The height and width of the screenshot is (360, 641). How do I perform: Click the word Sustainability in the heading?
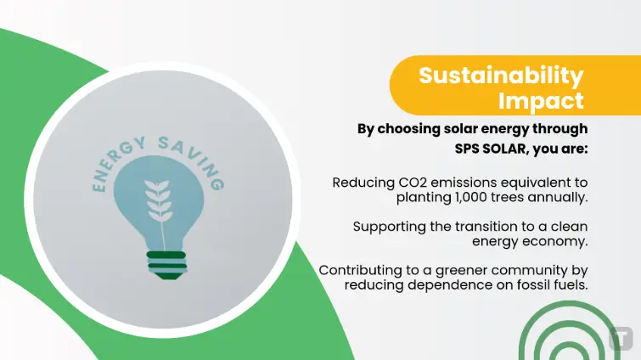(x=501, y=76)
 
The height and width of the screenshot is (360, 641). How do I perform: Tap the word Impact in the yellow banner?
(x=542, y=101)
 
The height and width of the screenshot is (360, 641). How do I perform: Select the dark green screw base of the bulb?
(x=166, y=266)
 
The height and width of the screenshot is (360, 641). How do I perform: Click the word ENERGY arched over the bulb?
(x=117, y=163)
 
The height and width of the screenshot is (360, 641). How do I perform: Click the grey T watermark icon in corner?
(x=621, y=338)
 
